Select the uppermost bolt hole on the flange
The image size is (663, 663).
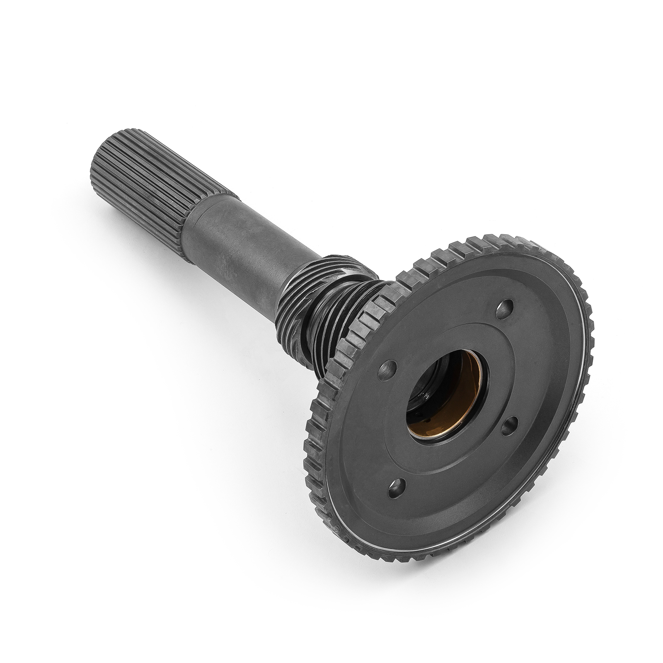506,307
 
